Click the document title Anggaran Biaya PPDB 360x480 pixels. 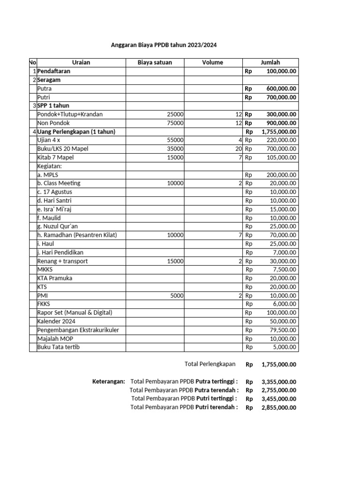(164, 45)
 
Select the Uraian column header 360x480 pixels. (81, 62)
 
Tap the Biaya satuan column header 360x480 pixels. (155, 62)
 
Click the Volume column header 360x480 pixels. (213, 62)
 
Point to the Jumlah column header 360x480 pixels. (270, 62)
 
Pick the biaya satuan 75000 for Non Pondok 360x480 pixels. (175, 123)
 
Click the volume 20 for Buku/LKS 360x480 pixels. (238, 149)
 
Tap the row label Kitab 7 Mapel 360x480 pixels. (55, 157)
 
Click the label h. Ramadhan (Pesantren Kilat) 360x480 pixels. (77, 235)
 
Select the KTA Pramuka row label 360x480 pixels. (55, 278)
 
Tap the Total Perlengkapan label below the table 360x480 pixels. (210, 364)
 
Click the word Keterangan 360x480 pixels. (108, 382)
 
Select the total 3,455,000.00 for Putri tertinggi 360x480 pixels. (279, 399)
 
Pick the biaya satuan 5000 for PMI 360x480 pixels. (177, 295)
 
